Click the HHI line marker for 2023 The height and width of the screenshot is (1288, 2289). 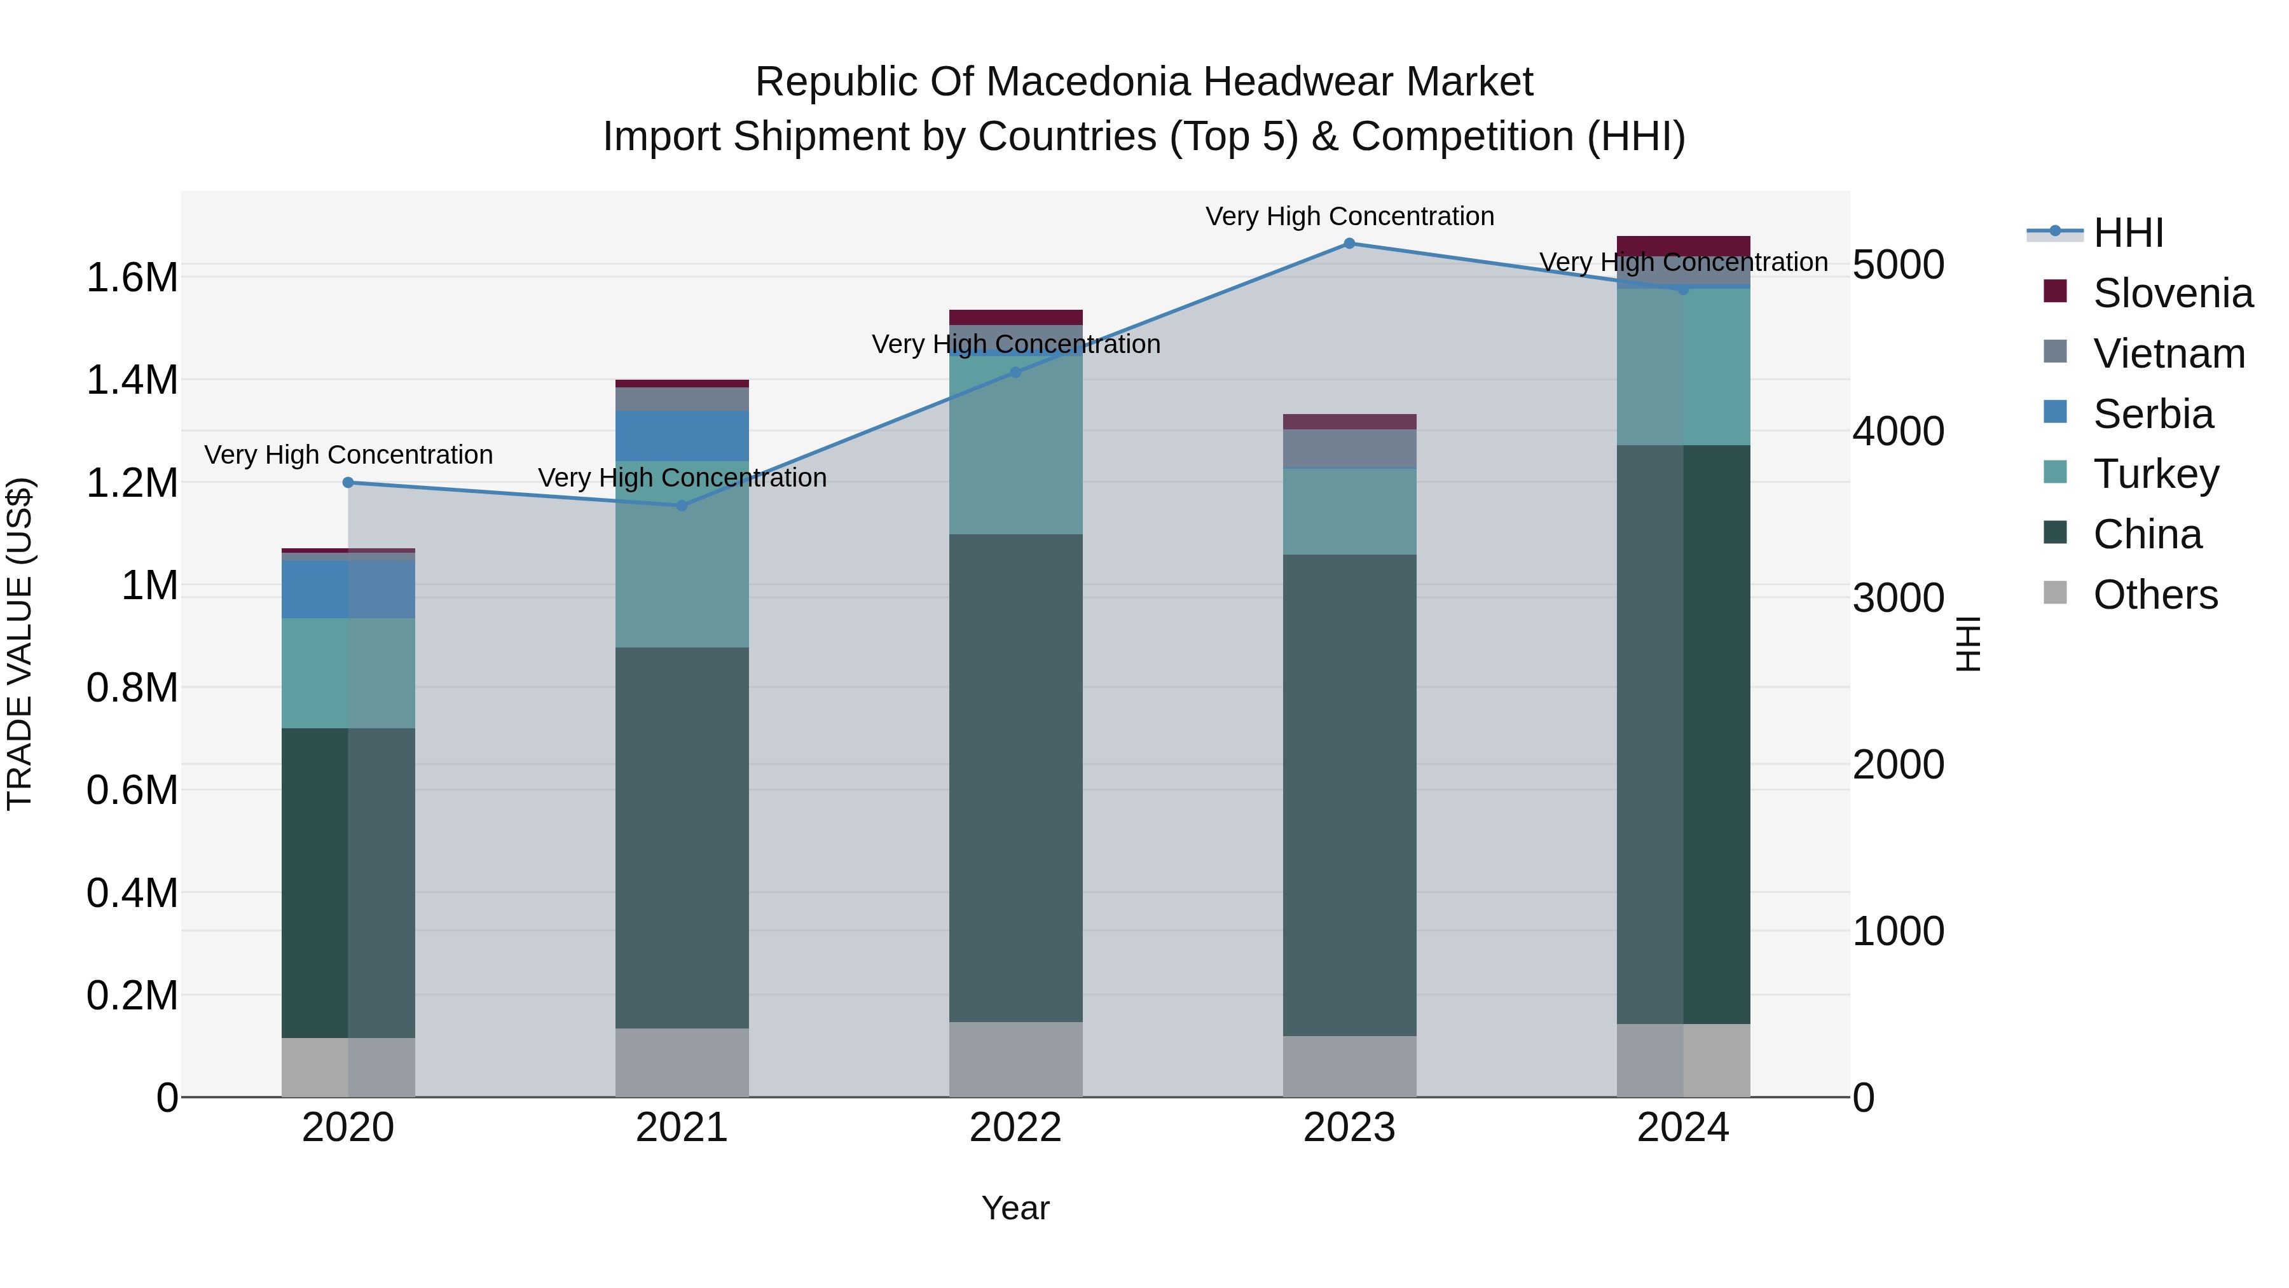[1349, 244]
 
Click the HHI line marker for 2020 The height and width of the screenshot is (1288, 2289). [348, 483]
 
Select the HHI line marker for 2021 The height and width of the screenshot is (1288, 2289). [682, 506]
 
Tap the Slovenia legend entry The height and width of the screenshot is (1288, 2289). [2172, 293]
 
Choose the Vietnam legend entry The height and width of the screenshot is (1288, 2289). [2168, 354]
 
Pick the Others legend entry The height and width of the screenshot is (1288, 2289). [2155, 595]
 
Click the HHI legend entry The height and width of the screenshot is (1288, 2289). [2127, 233]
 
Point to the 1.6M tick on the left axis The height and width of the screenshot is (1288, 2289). [132, 278]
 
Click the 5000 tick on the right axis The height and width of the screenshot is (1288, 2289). [1898, 265]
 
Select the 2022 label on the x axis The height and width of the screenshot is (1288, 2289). [1015, 1128]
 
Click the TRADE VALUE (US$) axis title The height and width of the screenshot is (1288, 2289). [20, 644]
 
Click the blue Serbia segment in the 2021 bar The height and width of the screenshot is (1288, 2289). [682, 436]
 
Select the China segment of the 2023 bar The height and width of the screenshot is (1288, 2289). [1349, 796]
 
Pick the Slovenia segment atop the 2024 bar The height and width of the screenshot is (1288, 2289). [1683, 246]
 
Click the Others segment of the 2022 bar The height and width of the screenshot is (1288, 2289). [1015, 1060]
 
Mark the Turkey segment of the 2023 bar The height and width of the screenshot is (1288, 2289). [1349, 512]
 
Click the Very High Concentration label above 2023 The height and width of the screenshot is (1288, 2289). [1349, 216]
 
